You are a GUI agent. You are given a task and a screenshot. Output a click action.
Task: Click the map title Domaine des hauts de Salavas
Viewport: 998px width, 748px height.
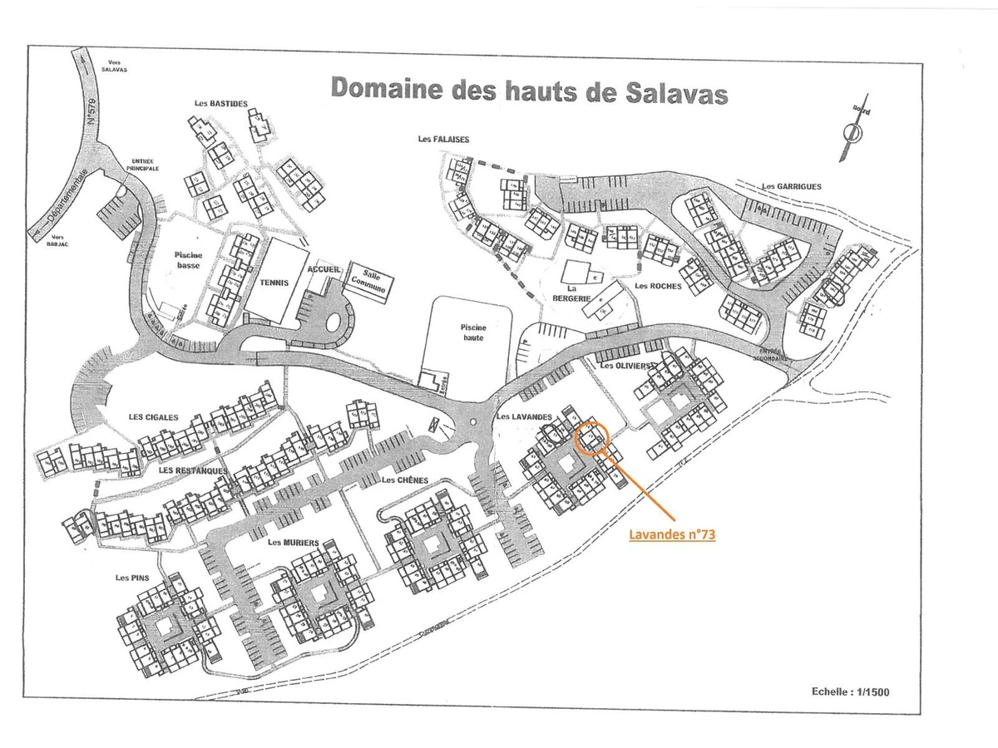pyautogui.click(x=529, y=90)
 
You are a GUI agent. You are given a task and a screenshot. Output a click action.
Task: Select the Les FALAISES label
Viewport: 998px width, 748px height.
pyautogui.click(x=444, y=140)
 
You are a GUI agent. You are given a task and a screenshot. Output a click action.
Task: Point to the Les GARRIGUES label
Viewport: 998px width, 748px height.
pyautogui.click(x=792, y=187)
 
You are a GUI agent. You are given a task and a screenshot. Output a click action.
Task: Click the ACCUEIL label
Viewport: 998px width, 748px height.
pyautogui.click(x=323, y=270)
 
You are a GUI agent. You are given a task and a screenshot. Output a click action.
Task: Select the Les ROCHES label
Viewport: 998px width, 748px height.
pyautogui.click(x=657, y=287)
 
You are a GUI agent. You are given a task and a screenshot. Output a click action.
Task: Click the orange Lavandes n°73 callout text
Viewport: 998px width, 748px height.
pyautogui.click(x=672, y=536)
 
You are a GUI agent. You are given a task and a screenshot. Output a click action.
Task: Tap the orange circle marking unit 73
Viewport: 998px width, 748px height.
pyautogui.click(x=592, y=436)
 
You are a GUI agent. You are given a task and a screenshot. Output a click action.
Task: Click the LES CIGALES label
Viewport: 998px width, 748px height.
pyautogui.click(x=153, y=417)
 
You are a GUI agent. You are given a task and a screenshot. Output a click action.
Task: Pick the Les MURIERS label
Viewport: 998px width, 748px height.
pyautogui.click(x=294, y=543)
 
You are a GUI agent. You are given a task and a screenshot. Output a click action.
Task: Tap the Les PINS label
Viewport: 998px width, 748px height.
pyautogui.click(x=132, y=577)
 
